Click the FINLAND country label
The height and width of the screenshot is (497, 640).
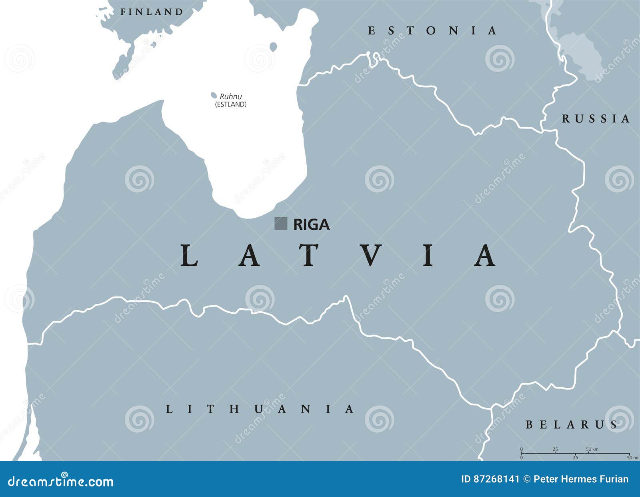pos(152,12)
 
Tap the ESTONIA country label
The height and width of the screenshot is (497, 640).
pos(432,31)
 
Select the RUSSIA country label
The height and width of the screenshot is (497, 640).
pos(596,118)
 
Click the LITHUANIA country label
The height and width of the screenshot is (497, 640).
pos(260,409)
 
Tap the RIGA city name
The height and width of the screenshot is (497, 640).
pos(311,224)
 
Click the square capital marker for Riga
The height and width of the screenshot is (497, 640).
pos(280,223)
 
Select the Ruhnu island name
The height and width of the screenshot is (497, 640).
pos(231,96)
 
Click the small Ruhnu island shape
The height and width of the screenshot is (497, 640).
pos(214,95)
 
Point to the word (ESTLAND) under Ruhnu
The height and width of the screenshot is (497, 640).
pos(231,104)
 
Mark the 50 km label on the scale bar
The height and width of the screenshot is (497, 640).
pos(592,449)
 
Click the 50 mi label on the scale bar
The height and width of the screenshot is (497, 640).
pos(632,457)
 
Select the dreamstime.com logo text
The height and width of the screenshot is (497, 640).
pos(61,481)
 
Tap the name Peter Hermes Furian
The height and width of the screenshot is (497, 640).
pos(581,479)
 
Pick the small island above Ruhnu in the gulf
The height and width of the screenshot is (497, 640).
pos(273,47)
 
